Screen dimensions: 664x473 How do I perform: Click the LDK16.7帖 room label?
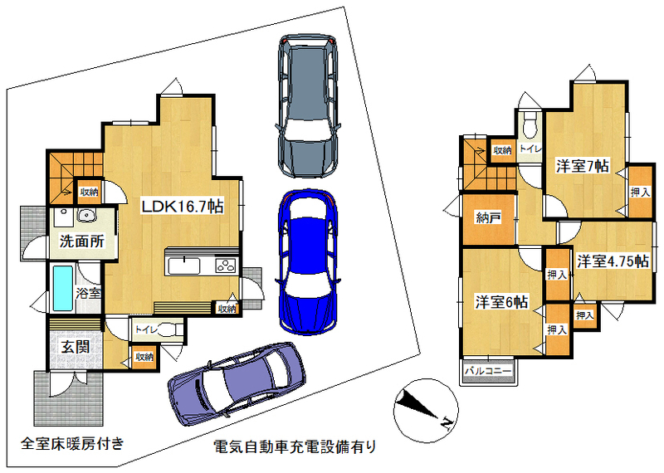[182, 207]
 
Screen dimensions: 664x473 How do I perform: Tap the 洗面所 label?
[81, 241]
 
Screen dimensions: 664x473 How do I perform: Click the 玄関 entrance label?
[76, 347]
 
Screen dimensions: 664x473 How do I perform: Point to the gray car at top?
[308, 105]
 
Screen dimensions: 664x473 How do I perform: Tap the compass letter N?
[446, 422]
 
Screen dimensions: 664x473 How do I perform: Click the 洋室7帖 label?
[583, 166]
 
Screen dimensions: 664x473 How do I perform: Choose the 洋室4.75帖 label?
[613, 261]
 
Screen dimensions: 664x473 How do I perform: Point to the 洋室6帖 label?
[502, 302]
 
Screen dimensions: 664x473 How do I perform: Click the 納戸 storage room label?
[488, 218]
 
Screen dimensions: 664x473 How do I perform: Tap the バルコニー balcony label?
[488, 371]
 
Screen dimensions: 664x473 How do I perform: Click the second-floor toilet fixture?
[530, 125]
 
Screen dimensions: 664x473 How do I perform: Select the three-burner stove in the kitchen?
[226, 266]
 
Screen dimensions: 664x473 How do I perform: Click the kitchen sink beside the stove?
[184, 266]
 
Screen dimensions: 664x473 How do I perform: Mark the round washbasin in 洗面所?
[87, 216]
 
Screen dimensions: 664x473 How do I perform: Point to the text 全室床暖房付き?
[72, 443]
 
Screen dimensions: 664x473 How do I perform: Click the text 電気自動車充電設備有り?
[295, 446]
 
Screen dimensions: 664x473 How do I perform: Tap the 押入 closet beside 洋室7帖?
[640, 192]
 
